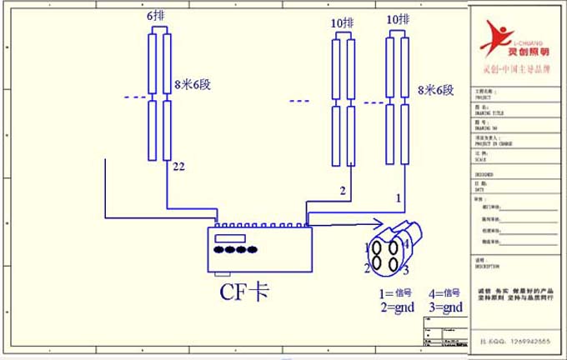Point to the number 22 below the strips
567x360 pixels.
(x=178, y=167)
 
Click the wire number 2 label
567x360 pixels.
(x=342, y=191)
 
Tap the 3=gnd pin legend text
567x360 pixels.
(x=444, y=307)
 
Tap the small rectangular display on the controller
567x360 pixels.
(x=228, y=238)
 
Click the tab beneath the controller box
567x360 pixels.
(x=222, y=273)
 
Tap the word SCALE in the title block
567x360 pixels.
(x=479, y=160)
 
